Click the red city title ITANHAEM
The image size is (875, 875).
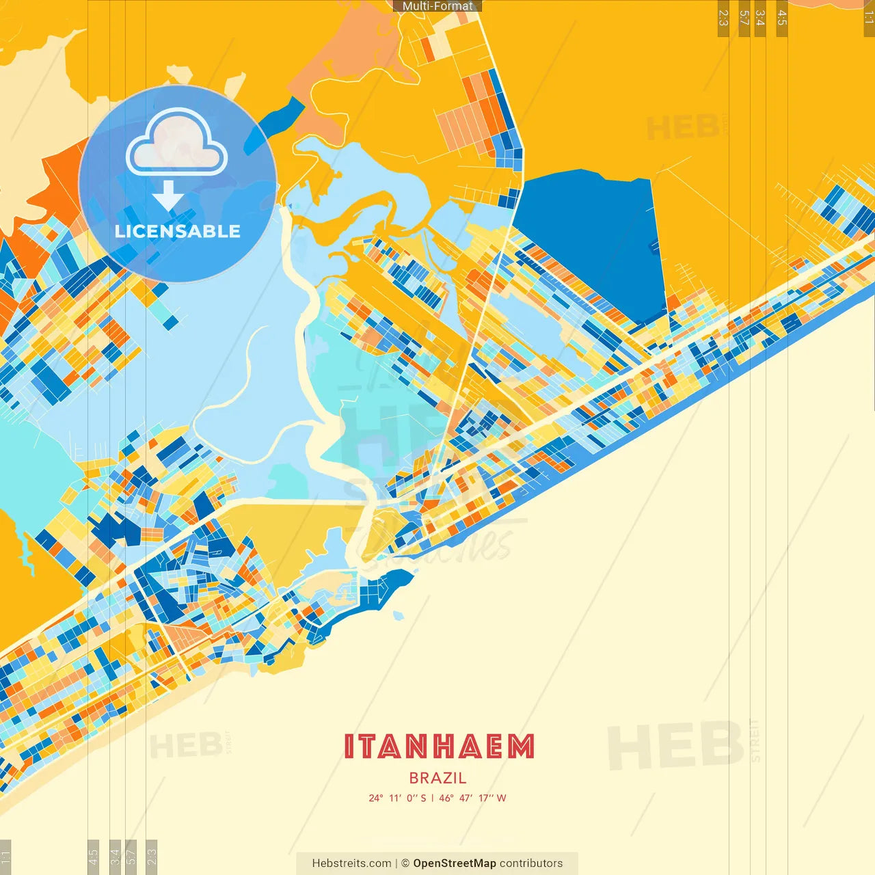[x=438, y=746]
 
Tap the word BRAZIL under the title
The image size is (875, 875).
[x=437, y=778]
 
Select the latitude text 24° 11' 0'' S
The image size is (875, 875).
[x=397, y=798]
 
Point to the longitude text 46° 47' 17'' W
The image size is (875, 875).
[x=472, y=798]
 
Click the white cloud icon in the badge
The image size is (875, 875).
[x=176, y=145]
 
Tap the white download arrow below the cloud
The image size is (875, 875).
[x=168, y=196]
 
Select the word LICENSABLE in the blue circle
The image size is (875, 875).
[x=178, y=231]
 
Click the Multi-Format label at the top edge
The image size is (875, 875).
[x=437, y=6]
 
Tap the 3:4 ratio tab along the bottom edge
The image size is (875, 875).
[x=115, y=856]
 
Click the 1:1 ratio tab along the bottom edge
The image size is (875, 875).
[x=5, y=856]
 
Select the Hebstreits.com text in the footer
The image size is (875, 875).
[x=351, y=863]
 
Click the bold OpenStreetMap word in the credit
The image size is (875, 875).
[x=455, y=863]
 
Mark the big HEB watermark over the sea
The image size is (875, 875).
[x=675, y=745]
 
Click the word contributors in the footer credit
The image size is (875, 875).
[x=531, y=863]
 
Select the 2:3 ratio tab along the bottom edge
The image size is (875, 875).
[x=152, y=856]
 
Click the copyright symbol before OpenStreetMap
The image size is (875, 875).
[x=405, y=863]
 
